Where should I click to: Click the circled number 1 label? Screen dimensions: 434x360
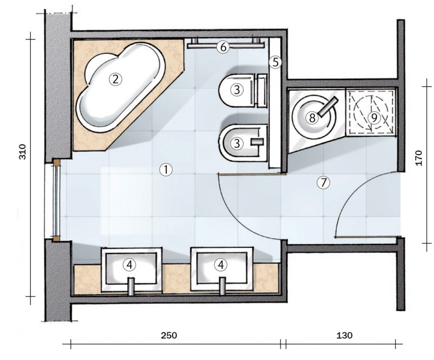tap(166, 169)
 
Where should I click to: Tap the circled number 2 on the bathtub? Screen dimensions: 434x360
tap(115, 80)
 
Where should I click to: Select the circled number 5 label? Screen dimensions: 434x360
tap(275, 62)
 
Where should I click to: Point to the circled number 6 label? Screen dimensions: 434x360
tap(223, 47)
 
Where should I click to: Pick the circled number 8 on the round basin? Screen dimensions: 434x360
tap(312, 118)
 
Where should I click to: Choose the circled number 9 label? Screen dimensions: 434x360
tap(374, 118)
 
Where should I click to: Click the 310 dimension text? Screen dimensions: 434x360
tap(23, 152)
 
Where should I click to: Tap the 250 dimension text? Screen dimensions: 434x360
tap(169, 335)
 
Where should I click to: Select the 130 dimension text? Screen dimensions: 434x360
tap(344, 335)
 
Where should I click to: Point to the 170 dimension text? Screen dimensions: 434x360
tap(419, 158)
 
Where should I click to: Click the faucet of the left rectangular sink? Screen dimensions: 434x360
tap(131, 286)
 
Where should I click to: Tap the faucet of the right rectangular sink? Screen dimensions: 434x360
tap(222, 286)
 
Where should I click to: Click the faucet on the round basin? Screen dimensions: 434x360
tap(328, 107)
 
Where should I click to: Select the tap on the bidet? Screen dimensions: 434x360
tap(258, 142)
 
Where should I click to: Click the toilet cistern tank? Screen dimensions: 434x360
tap(262, 90)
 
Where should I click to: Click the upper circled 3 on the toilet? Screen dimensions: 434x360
tap(237, 90)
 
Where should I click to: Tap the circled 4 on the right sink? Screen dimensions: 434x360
tap(221, 265)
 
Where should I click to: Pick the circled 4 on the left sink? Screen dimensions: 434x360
tap(129, 265)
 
